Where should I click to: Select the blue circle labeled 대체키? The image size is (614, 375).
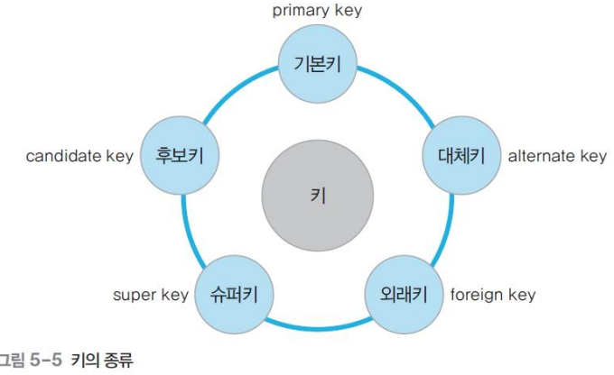[455, 156]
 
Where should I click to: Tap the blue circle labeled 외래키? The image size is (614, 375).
[402, 294]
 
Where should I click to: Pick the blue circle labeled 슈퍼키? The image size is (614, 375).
[232, 294]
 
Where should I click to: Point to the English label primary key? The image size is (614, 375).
[317, 12]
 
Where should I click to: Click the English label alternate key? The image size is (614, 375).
[557, 156]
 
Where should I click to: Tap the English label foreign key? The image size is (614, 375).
[492, 295]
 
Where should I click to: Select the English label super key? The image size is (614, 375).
[151, 295]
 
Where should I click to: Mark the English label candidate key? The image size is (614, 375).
[79, 156]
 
